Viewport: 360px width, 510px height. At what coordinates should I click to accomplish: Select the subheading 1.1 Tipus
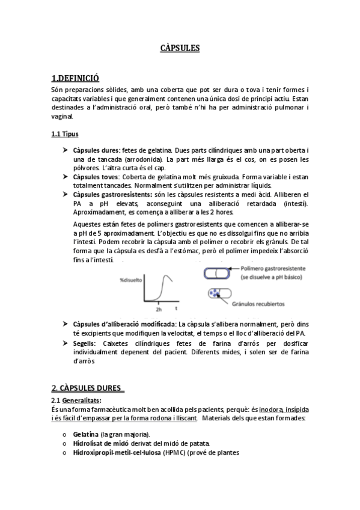65,134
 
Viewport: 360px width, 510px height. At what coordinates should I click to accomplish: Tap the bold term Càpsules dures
96,150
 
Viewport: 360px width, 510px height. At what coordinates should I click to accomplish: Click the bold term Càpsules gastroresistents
112,195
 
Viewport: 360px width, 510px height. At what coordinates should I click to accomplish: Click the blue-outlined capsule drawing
215,272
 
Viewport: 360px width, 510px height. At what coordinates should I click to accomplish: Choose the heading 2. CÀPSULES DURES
87,388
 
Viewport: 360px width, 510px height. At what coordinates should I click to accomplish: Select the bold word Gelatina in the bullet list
86,434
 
